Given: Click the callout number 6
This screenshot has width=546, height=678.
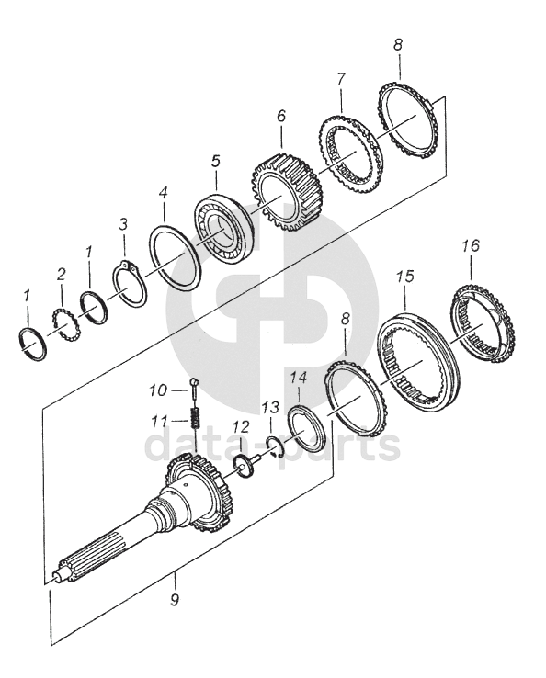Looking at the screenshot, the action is tap(280, 116).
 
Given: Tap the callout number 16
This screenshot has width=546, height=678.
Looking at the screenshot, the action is tap(471, 245).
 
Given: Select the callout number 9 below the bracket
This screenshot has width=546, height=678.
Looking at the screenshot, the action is tap(175, 600).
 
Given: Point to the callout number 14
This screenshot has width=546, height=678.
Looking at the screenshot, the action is tap(298, 378).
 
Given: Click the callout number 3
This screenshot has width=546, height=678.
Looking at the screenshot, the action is tap(123, 224).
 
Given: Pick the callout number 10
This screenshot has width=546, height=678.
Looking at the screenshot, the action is tap(158, 390).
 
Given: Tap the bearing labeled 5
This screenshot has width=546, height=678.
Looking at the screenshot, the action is tap(222, 231).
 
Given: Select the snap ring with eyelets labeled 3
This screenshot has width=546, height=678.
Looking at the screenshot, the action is tap(131, 284).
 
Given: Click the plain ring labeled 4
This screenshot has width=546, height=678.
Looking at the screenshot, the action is tap(175, 258).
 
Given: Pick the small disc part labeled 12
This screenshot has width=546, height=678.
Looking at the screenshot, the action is tap(245, 467).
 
